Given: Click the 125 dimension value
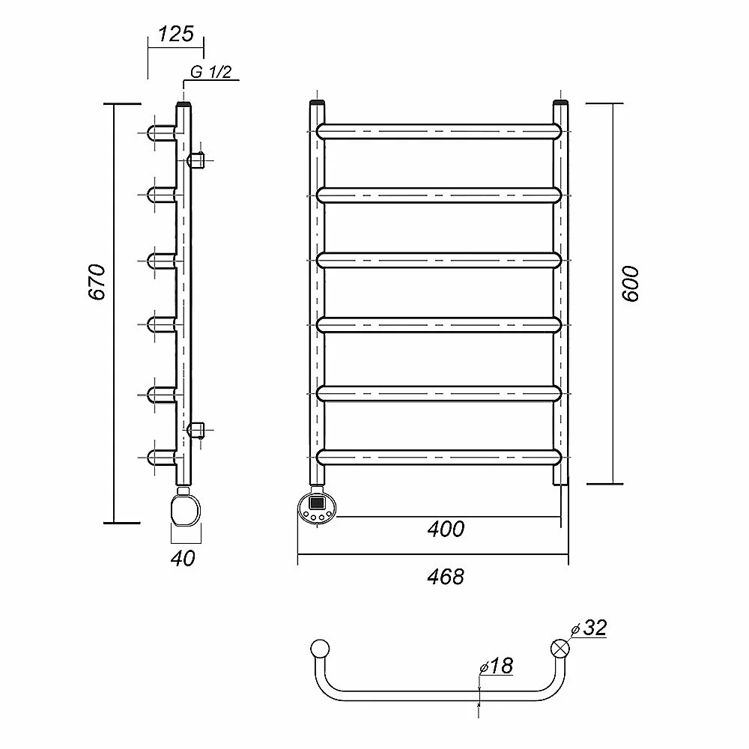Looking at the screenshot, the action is pyautogui.click(x=176, y=34).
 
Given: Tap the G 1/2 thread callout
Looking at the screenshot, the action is pyautogui.click(x=210, y=72).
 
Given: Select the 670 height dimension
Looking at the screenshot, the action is pyautogui.click(x=97, y=282).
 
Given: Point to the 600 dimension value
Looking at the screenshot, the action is pyautogui.click(x=631, y=284).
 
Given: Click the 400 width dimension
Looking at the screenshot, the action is pyautogui.click(x=446, y=530).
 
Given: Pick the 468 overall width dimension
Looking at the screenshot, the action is pyautogui.click(x=446, y=577).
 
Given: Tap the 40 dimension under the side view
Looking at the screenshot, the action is pyautogui.click(x=183, y=559).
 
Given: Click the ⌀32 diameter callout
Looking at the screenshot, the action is pyautogui.click(x=589, y=628).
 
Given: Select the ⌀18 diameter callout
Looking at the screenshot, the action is pyautogui.click(x=497, y=666).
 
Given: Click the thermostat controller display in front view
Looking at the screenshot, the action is pyautogui.click(x=317, y=503).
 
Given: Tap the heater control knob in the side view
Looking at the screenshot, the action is pyautogui.click(x=185, y=511).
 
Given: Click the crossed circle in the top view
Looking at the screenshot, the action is pyautogui.click(x=560, y=649).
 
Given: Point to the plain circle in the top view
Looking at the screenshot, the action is pyautogui.click(x=320, y=649).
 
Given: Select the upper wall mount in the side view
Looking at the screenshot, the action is pyautogui.click(x=195, y=160).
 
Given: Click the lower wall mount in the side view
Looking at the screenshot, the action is pyautogui.click(x=195, y=430).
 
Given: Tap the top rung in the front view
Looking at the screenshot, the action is pyautogui.click(x=438, y=131).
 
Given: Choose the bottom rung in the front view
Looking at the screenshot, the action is pyautogui.click(x=438, y=457).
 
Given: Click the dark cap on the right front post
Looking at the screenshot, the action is pyautogui.click(x=560, y=102).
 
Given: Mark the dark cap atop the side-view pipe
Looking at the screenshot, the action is pyautogui.click(x=184, y=104).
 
